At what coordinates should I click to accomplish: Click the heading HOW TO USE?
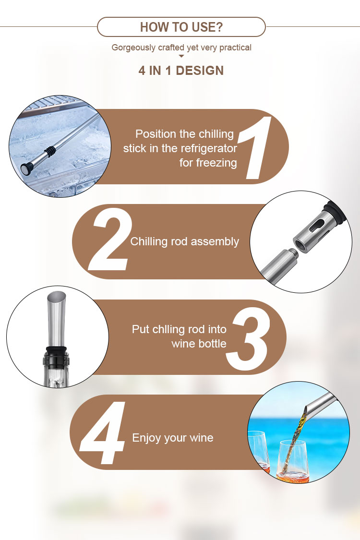tap(181, 27)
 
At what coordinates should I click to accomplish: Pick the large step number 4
tap(102, 433)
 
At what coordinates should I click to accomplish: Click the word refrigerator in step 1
tap(208, 148)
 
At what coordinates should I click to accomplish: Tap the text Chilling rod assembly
tap(185, 241)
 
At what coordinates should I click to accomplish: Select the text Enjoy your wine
tap(173, 438)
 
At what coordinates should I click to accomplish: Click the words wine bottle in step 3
tap(199, 344)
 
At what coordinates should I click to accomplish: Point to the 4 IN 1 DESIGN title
tap(181, 71)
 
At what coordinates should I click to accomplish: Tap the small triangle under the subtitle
tap(181, 56)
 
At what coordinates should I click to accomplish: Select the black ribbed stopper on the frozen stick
tap(49, 152)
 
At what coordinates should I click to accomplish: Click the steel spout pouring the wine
tap(320, 404)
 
